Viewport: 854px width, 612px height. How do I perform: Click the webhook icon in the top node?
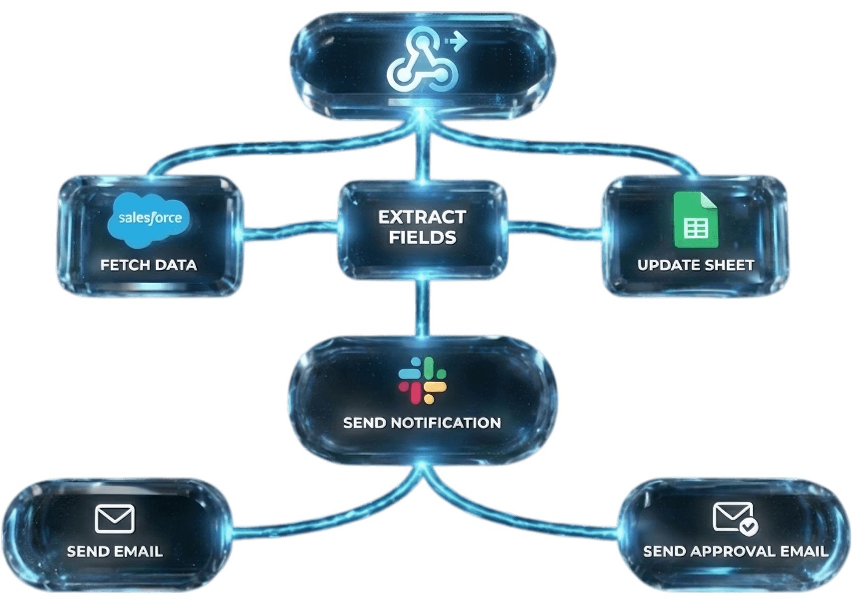coord(421,62)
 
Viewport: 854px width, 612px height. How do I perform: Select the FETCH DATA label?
coord(149,265)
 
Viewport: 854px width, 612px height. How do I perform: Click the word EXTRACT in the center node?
coord(422,217)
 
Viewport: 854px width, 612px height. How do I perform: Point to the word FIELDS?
coord(422,238)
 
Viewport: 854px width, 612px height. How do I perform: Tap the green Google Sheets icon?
coord(696,220)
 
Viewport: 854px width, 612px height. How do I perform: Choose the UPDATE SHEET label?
coord(696,265)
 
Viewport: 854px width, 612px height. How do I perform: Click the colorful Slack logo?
coord(423,381)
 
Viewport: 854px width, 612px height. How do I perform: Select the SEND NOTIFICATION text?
coord(422,423)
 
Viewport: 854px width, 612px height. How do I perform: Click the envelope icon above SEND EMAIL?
coord(115,519)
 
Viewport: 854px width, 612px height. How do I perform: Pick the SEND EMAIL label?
coord(115,551)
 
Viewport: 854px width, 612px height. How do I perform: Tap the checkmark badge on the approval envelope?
coord(749,526)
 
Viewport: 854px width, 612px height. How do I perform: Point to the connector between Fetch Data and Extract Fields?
coord(290,230)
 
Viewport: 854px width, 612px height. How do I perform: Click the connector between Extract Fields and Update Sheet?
coord(555,228)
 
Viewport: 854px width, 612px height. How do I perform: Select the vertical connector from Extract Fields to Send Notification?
coord(422,308)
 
